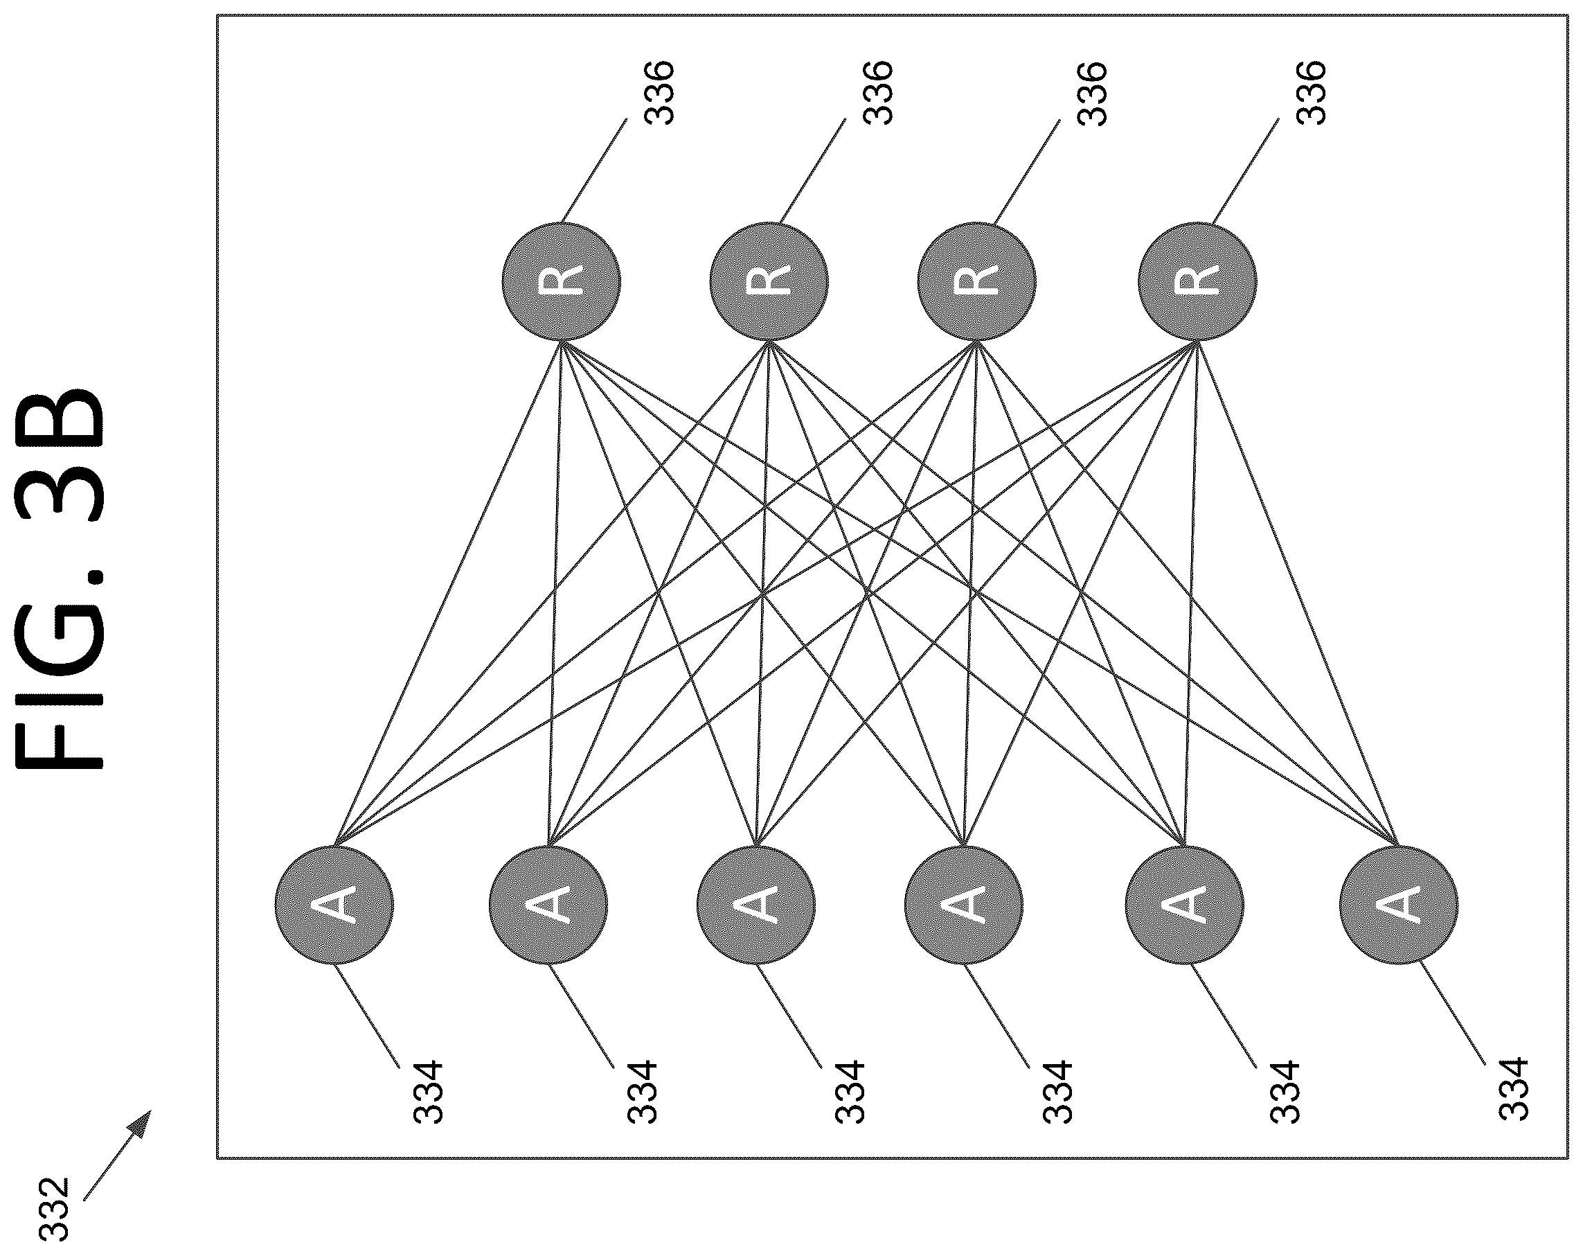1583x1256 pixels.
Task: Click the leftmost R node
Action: (x=562, y=281)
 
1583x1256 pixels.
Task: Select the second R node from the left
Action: (x=769, y=281)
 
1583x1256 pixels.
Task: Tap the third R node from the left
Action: (x=976, y=281)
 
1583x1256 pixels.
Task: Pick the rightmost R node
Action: (x=1197, y=281)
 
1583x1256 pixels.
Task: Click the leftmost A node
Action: (x=334, y=904)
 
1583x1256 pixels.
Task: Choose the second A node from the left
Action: (x=548, y=904)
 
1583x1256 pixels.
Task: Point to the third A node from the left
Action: (x=756, y=904)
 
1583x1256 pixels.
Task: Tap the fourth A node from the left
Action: (x=963, y=904)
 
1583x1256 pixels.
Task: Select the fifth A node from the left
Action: (x=1184, y=904)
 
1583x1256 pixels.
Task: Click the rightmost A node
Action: (x=1399, y=904)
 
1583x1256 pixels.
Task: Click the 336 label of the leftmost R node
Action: (x=659, y=93)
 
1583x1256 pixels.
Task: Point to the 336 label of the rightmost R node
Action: (x=1312, y=93)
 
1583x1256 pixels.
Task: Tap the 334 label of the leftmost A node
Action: (x=428, y=1092)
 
